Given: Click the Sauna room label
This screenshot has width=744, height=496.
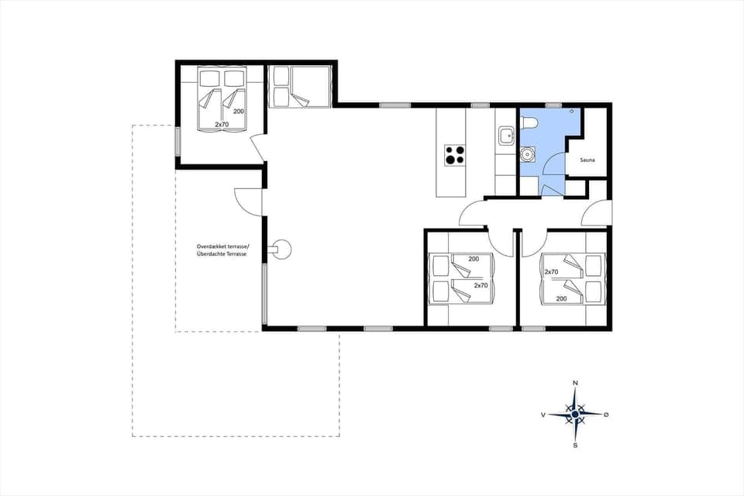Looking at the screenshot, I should (587, 160).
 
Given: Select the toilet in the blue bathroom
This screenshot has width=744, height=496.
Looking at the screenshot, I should (530, 123).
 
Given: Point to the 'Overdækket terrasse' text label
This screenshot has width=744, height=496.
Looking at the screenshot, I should (222, 246).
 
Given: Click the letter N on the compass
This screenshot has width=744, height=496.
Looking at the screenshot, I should (575, 383).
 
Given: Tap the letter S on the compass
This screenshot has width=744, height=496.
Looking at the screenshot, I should (575, 446).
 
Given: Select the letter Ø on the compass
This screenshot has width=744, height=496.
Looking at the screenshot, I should (606, 415).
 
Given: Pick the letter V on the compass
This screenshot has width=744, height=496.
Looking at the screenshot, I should (543, 415).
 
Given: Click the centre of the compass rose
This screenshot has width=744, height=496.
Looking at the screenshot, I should (575, 415).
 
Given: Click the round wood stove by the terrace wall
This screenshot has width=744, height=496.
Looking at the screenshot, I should (281, 249).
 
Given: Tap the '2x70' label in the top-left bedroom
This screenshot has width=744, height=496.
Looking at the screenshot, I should (222, 124).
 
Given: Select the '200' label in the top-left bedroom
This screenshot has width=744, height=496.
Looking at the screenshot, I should (239, 112).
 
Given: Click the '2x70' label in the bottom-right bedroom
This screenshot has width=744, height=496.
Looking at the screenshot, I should (551, 272).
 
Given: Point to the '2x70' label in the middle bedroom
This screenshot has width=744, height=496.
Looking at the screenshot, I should (480, 285).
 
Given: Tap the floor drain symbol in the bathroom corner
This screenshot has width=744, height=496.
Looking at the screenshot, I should (573, 112).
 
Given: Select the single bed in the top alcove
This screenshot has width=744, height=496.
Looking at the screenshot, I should (300, 86).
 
